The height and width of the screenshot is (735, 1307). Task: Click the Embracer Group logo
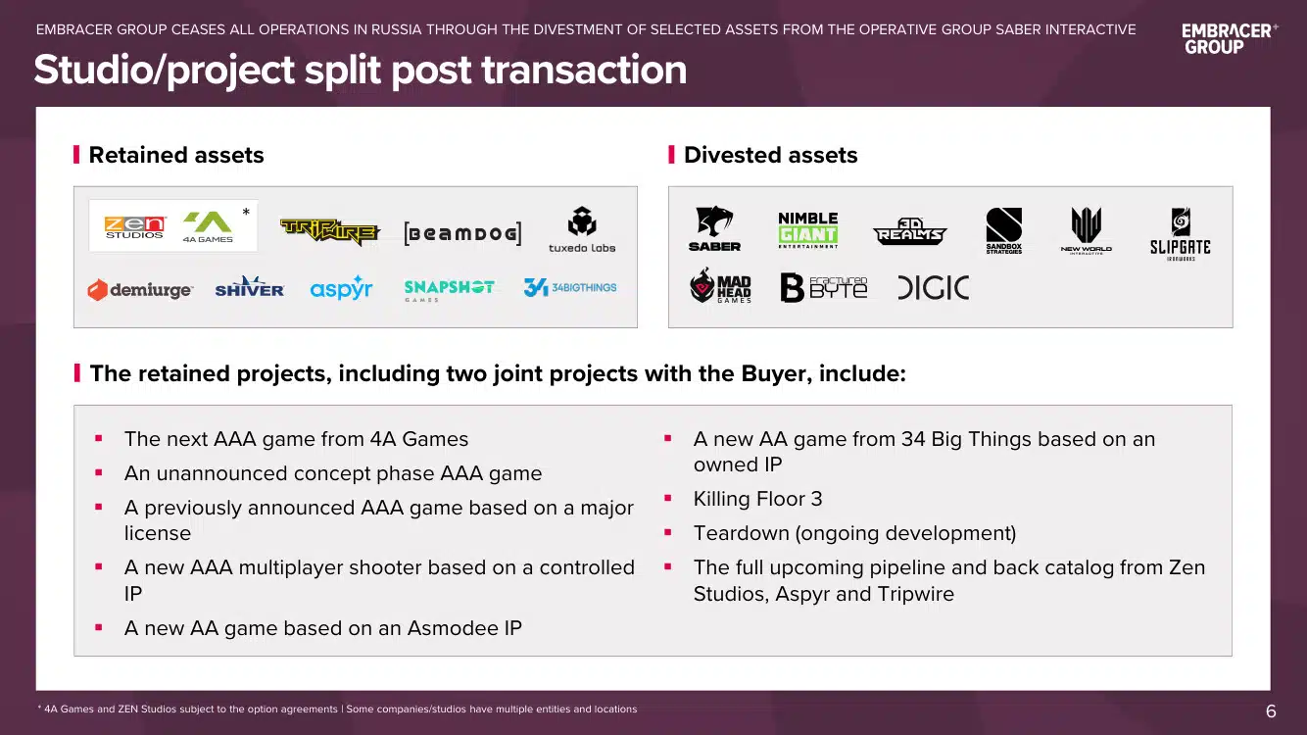1230,38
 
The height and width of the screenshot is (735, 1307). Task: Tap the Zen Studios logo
135,227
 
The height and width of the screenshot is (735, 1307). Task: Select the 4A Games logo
208,226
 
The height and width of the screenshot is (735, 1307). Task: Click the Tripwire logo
329,231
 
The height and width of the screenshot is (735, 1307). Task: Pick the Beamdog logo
462,233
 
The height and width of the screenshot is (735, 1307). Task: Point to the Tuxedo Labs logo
582,229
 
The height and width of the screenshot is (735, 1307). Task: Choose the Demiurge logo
140,289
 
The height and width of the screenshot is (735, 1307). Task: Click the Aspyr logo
341,287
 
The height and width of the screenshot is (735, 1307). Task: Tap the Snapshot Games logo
450,289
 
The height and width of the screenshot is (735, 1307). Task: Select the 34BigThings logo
570,287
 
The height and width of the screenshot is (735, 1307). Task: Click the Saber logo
714,228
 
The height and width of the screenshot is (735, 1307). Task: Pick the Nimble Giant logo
808,230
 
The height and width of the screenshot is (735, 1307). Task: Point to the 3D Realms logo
909,231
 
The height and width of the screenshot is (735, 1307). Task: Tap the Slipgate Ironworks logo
1181,234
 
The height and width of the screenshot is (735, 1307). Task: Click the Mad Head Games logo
720,285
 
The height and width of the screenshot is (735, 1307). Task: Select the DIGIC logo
934,287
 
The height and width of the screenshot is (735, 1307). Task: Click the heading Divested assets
770,155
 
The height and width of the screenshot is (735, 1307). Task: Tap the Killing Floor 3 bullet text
757,499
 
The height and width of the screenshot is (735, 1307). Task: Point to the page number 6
1271,711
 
